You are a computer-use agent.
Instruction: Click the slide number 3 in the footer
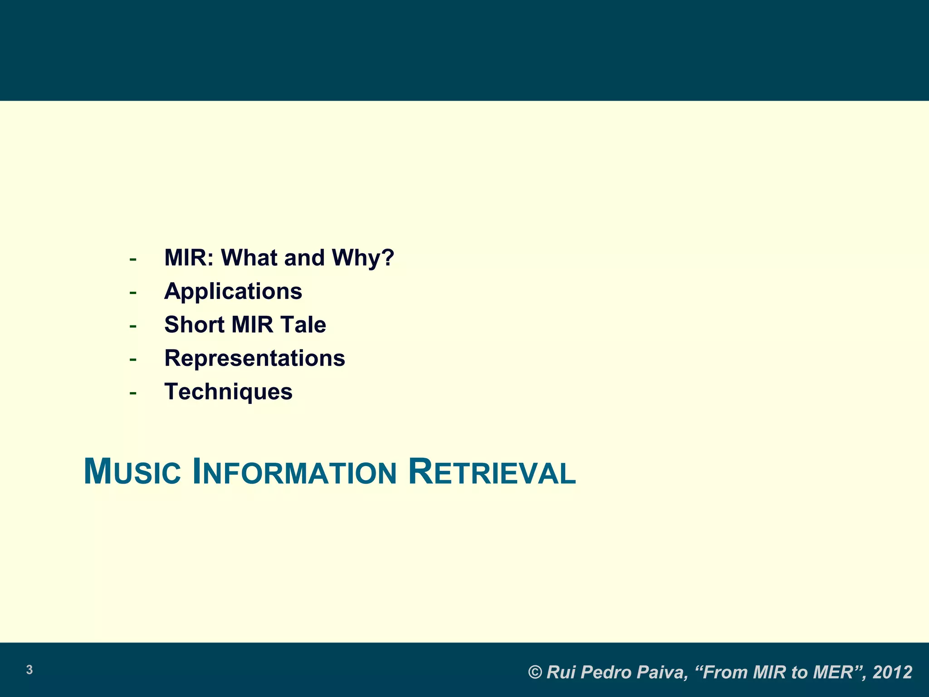click(x=29, y=670)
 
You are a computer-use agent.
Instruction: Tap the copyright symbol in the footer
click(x=536, y=672)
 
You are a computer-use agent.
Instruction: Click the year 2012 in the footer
click(x=892, y=672)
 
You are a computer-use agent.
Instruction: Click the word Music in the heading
click(x=132, y=472)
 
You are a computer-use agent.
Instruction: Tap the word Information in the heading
click(x=294, y=472)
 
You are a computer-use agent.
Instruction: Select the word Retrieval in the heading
click(x=492, y=472)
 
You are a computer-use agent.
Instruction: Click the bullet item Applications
click(x=233, y=291)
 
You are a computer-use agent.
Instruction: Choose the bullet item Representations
click(x=254, y=358)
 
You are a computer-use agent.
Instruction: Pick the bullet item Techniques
click(x=228, y=392)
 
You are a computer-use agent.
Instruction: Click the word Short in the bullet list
click(x=194, y=325)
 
